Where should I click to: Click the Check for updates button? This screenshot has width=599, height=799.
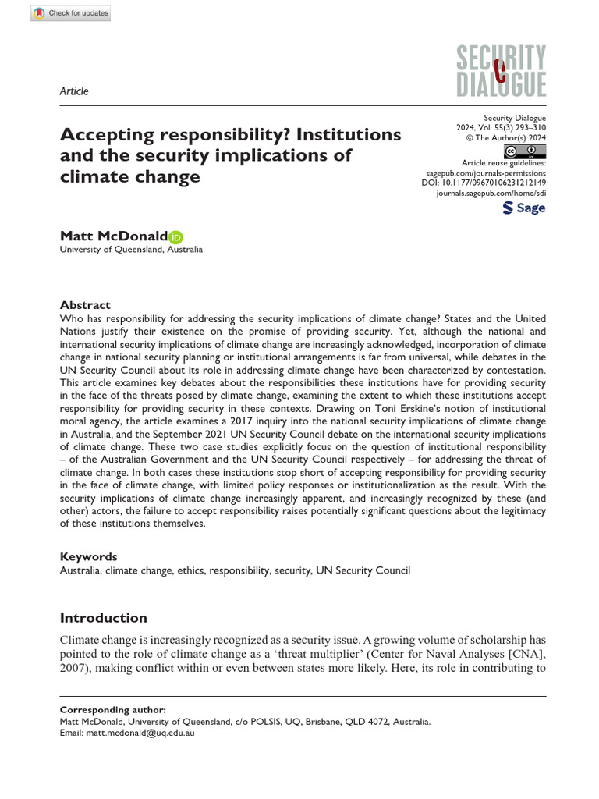(70, 13)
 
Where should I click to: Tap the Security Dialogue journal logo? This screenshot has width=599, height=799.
(501, 71)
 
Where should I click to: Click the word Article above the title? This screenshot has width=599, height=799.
(74, 91)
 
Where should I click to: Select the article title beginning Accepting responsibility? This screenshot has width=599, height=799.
(231, 155)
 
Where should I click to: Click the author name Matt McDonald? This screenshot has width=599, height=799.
(114, 236)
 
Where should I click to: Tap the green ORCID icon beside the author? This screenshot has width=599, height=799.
(175, 236)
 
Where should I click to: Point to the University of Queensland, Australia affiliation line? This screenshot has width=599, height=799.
(131, 250)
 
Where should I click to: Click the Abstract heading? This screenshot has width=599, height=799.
(85, 305)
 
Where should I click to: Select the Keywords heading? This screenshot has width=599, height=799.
(88, 557)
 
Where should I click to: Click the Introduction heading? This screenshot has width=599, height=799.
(104, 618)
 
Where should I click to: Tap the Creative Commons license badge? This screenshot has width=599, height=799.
(524, 151)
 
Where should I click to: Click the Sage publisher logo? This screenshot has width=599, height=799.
(523, 208)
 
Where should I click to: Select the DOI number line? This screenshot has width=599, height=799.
(483, 182)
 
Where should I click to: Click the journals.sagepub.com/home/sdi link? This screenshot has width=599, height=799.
(490, 192)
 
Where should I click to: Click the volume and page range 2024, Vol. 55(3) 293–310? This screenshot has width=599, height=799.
(501, 126)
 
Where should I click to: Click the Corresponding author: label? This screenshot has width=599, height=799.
(113, 710)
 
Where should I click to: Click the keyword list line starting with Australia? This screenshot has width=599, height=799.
(235, 570)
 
